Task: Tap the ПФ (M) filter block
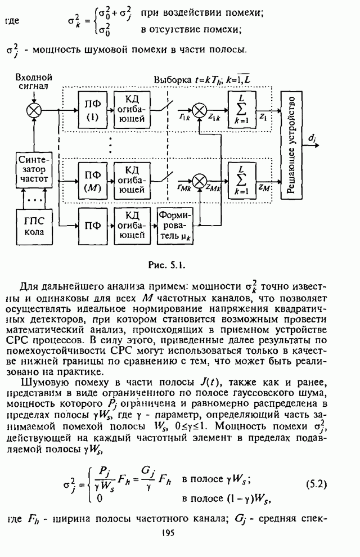(92, 179)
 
